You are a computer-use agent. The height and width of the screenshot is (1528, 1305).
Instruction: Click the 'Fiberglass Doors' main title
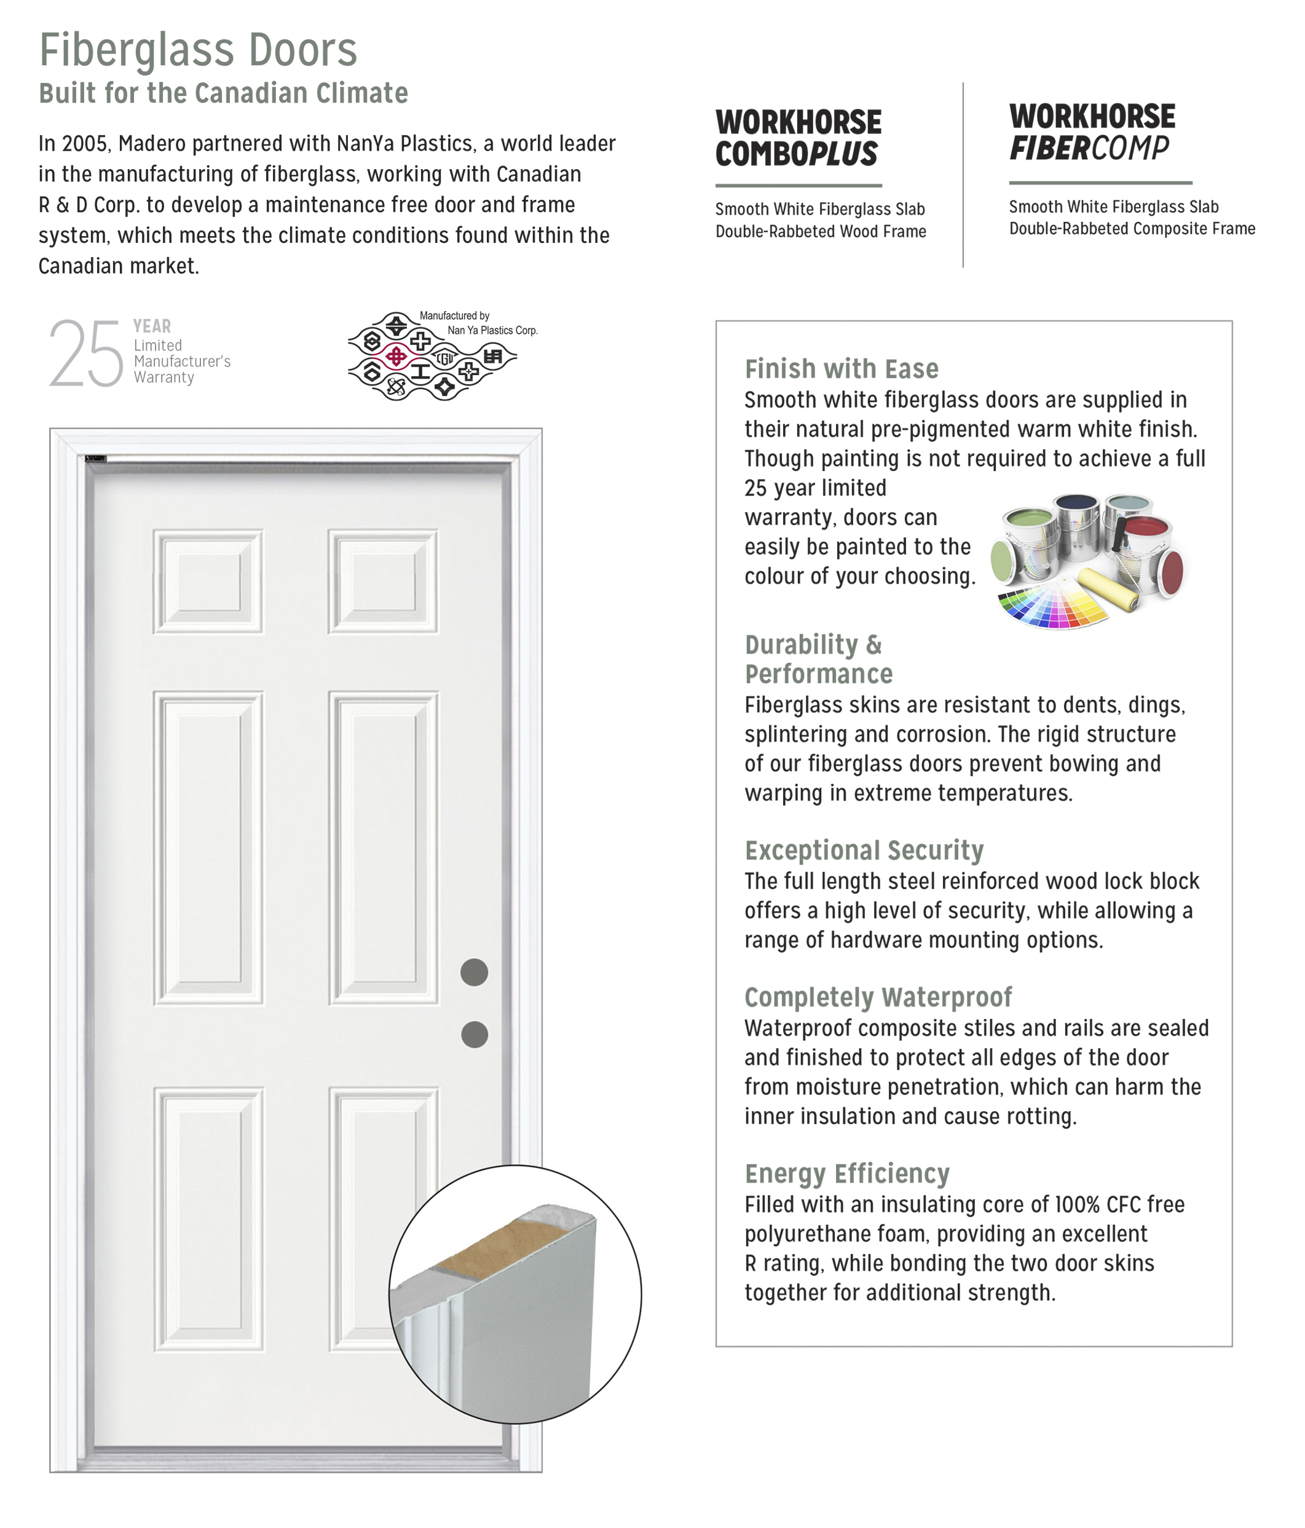pyautogui.click(x=197, y=50)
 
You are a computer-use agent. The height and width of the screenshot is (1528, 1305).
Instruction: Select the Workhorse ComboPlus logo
pyautogui.click(x=798, y=138)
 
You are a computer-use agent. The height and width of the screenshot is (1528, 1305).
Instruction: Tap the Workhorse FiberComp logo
pyautogui.click(x=1091, y=133)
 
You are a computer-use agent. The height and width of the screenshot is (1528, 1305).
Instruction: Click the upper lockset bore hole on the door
pyautogui.click(x=474, y=972)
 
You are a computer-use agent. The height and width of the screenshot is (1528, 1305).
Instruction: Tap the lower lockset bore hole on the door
pyautogui.click(x=474, y=1035)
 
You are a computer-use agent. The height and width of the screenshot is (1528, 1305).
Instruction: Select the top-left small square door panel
pyautogui.click(x=208, y=581)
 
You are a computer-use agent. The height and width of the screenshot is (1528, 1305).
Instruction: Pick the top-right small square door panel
pyautogui.click(x=384, y=581)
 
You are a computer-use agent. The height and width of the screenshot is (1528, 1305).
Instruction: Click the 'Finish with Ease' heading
pyautogui.click(x=842, y=369)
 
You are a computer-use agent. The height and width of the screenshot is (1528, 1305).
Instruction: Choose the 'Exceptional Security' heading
pyautogui.click(x=864, y=850)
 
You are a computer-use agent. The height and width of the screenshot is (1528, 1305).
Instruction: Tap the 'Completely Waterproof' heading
pyautogui.click(x=877, y=997)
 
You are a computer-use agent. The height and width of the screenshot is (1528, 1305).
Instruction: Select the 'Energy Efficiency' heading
pyautogui.click(x=846, y=1173)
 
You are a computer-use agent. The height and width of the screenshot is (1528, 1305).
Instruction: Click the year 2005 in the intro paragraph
pyautogui.click(x=85, y=144)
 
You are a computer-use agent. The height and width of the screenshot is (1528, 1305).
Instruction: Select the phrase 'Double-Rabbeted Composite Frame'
pyautogui.click(x=1132, y=229)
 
